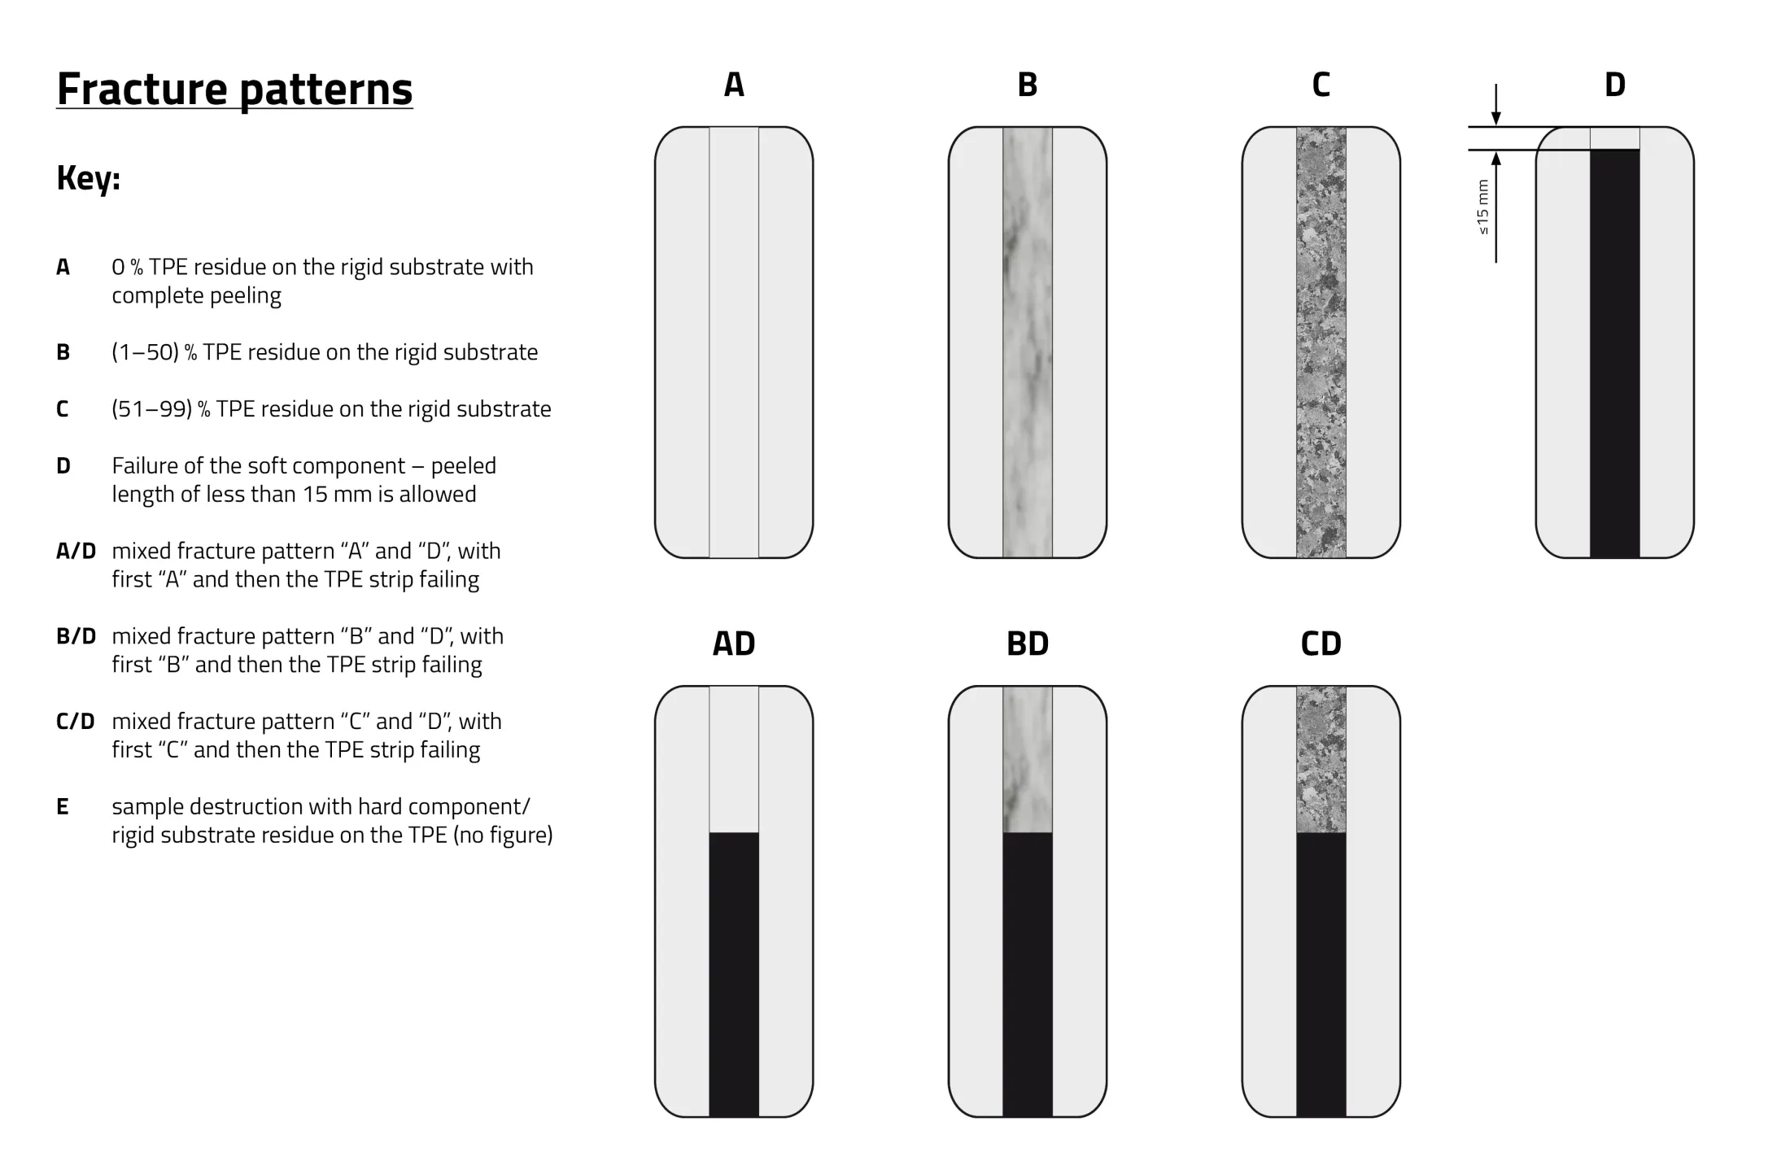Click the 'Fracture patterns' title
(x=234, y=89)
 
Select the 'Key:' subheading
(x=89, y=178)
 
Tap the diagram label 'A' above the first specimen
(x=734, y=85)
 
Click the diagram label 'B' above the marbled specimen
(x=1028, y=85)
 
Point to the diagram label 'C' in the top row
(x=1321, y=85)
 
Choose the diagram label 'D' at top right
(x=1615, y=85)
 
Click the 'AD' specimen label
(x=734, y=644)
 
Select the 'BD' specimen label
(x=1028, y=644)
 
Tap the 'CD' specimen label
(x=1321, y=644)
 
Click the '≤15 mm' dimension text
(x=1482, y=207)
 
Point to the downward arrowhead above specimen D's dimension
(x=1496, y=118)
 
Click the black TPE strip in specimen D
(x=1615, y=354)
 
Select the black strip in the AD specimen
(x=734, y=975)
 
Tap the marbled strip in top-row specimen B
(x=1028, y=342)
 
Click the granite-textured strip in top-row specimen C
(x=1321, y=342)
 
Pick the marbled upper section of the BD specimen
(x=1028, y=759)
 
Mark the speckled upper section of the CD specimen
(x=1321, y=759)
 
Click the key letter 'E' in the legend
(x=63, y=807)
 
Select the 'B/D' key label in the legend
(x=76, y=636)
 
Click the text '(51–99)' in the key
(x=152, y=408)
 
